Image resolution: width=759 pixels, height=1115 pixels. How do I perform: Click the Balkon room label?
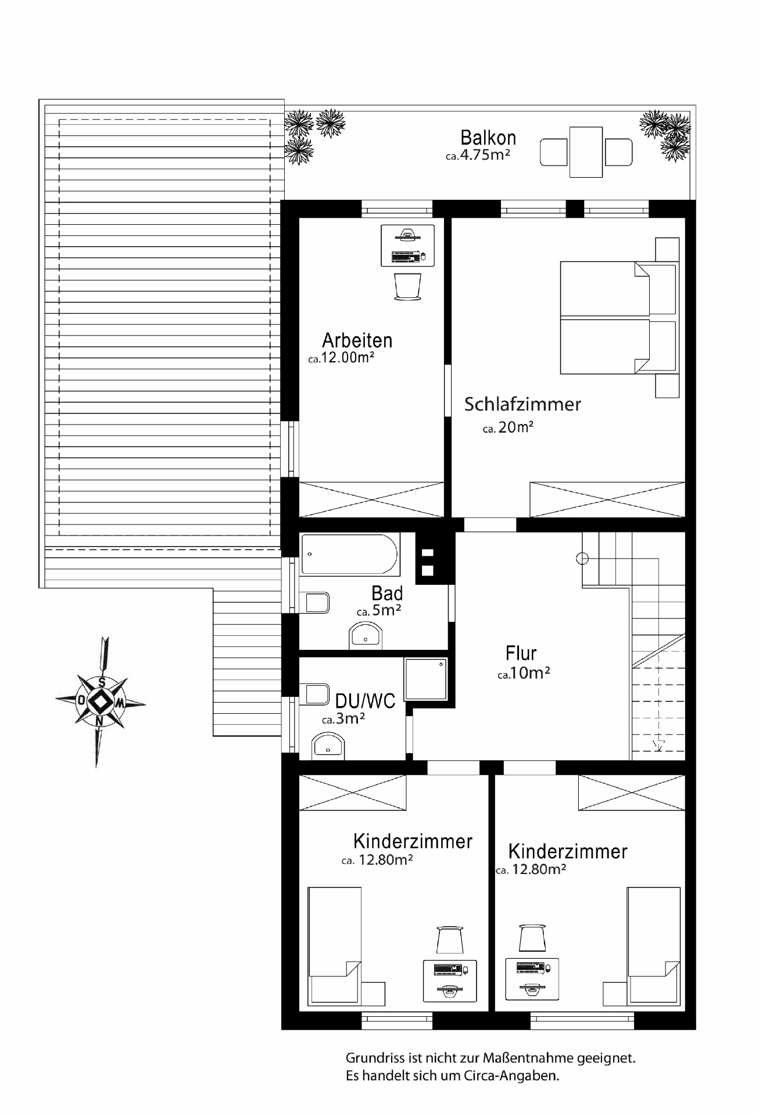(x=488, y=138)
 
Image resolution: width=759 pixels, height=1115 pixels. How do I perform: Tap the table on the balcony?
(x=586, y=152)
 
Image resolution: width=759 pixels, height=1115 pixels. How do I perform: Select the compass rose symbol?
(x=101, y=702)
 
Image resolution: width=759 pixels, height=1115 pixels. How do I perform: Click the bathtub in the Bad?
(x=349, y=555)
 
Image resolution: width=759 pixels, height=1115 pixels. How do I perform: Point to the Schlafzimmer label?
(x=522, y=404)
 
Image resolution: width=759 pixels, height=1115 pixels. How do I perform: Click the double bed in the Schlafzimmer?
(x=620, y=318)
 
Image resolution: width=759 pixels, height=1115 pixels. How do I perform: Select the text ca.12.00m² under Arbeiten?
(x=341, y=358)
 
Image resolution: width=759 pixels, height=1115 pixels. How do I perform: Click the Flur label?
(x=521, y=653)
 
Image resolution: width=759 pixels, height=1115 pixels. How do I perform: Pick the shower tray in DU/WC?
(x=426, y=679)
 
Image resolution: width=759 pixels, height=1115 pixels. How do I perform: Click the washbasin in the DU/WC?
(x=328, y=746)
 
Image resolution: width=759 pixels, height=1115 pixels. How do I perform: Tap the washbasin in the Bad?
(x=366, y=635)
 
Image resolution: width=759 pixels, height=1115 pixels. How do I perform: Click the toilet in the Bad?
(x=314, y=602)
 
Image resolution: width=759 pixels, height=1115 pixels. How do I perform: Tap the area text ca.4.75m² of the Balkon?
(x=478, y=155)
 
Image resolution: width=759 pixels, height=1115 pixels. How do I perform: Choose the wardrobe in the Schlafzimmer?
(x=607, y=499)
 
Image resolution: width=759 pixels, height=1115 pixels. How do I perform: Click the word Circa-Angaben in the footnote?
(x=511, y=1076)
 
